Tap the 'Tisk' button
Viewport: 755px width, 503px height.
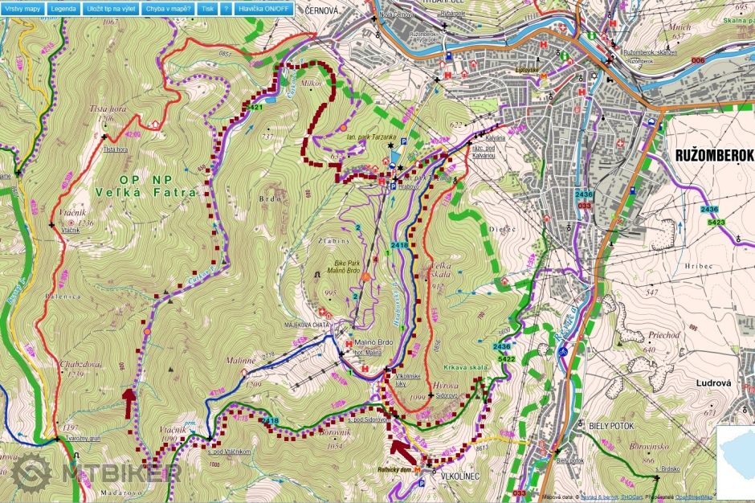pos(208,8)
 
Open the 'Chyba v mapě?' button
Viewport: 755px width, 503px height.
pos(168,8)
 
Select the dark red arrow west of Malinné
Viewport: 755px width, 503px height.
pos(129,402)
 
